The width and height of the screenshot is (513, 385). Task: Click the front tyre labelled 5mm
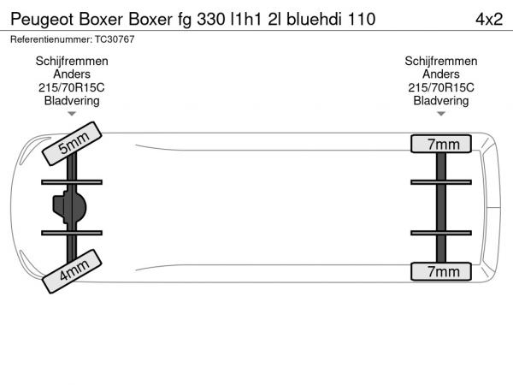(72, 144)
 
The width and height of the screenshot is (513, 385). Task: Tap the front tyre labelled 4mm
(72, 271)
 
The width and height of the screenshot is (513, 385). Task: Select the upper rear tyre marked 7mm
(441, 144)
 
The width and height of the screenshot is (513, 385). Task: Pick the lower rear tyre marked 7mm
(441, 271)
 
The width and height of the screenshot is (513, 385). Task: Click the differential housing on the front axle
(69, 208)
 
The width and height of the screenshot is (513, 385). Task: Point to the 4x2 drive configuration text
(489, 20)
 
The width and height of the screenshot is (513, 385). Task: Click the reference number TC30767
(115, 39)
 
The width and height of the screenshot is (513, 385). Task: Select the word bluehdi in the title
(315, 20)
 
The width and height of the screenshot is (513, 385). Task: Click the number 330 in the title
(210, 20)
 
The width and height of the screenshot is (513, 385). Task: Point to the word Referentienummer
(51, 39)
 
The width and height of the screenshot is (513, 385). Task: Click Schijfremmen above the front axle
(72, 62)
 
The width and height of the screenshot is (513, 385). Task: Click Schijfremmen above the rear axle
(441, 62)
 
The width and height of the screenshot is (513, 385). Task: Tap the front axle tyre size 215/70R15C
(72, 88)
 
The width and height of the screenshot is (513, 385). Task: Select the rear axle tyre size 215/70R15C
(441, 88)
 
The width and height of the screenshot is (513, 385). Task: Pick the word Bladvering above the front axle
(72, 101)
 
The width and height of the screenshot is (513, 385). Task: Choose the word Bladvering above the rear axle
(441, 101)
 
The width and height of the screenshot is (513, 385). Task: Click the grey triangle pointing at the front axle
(72, 114)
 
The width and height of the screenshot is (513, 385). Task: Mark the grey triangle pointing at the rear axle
(441, 114)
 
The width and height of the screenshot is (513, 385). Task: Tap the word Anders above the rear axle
(441, 74)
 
